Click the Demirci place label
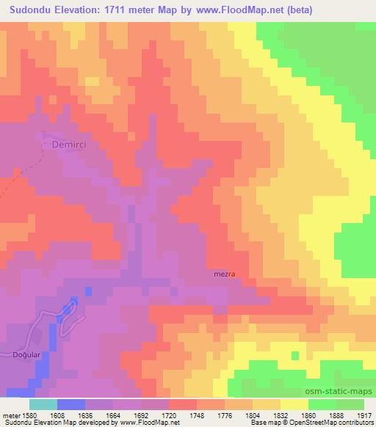click(70, 145)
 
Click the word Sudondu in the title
click(31, 11)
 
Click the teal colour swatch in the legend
click(43, 404)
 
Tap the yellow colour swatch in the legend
click(294, 404)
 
